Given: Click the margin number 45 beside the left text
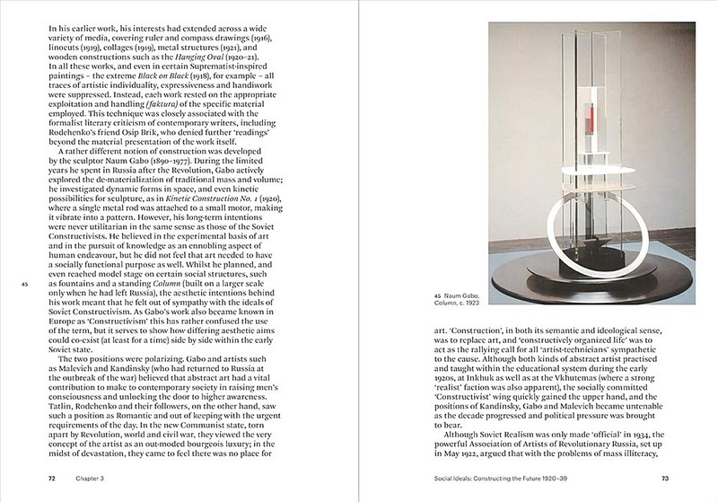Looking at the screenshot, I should coord(25,286).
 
